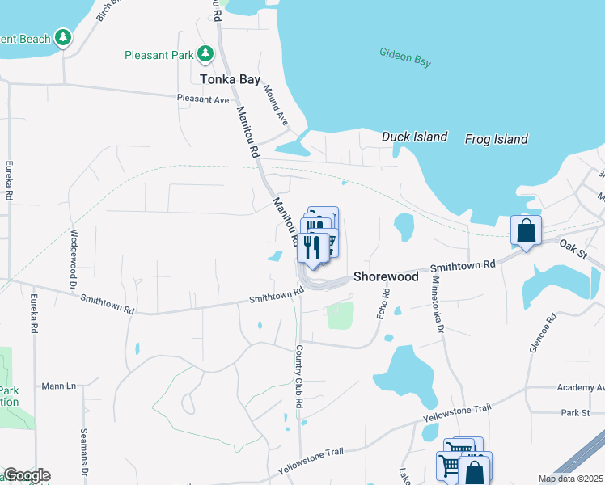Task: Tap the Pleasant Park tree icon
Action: click(206, 54)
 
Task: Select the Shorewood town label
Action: click(386, 276)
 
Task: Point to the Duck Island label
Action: click(414, 137)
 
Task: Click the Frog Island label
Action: click(496, 139)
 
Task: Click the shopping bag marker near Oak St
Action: click(527, 230)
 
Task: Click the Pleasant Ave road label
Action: click(204, 99)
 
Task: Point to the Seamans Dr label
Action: click(84, 452)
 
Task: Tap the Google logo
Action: click(26, 475)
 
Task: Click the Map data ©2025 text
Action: click(570, 479)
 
